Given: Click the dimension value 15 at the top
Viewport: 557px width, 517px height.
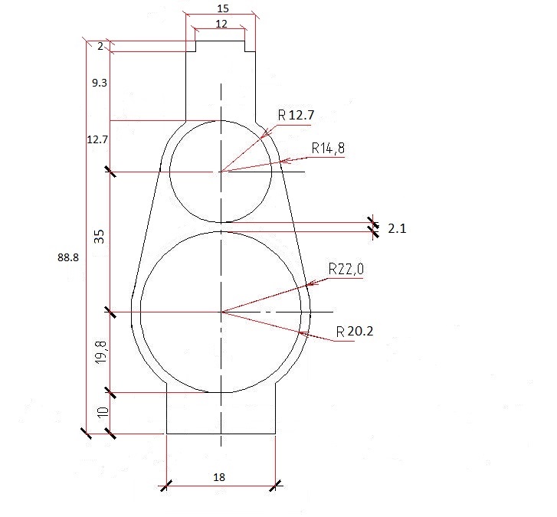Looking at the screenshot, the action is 223,8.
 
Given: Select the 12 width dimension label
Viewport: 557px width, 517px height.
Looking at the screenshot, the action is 221,24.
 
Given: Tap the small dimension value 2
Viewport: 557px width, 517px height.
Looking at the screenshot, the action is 100,46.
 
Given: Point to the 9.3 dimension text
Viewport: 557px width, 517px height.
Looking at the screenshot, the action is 100,83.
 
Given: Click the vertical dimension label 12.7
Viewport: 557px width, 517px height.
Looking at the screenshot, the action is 97,139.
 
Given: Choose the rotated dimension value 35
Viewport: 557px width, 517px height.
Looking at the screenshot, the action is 100,237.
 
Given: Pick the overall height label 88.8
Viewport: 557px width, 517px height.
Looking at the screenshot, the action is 68,257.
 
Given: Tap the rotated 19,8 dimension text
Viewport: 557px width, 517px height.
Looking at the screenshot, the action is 101,352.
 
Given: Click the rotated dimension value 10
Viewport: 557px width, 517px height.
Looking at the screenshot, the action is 103,412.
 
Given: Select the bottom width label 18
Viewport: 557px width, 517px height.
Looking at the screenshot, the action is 219,477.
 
